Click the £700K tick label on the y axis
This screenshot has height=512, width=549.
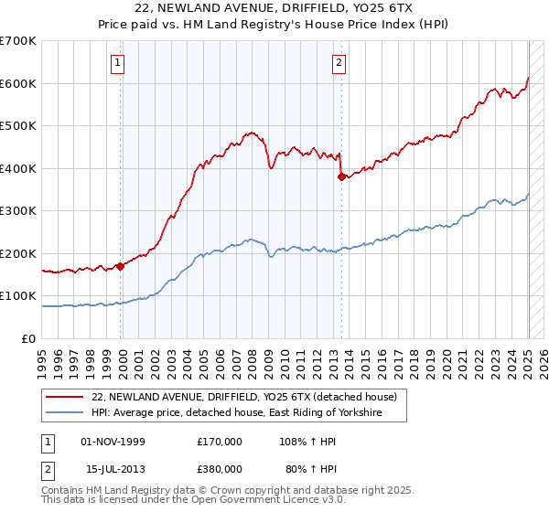[18, 41]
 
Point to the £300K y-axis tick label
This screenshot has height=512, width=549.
[18, 211]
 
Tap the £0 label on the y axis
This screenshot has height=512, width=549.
[29, 338]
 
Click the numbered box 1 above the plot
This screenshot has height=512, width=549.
[119, 63]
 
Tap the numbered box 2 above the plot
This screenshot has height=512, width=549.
[339, 63]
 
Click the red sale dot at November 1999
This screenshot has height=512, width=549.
[120, 267]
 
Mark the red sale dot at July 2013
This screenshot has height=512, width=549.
[341, 177]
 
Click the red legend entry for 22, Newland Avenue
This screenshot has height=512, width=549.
[243, 398]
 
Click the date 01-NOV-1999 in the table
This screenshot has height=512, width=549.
[113, 442]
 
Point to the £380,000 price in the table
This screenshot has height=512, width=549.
[220, 468]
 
